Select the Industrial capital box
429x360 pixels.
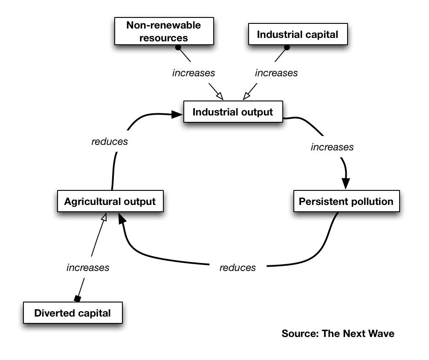[298, 35]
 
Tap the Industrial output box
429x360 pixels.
[233, 112]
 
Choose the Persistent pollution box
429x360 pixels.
[346, 201]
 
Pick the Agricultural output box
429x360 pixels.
[110, 201]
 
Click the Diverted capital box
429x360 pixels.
[72, 313]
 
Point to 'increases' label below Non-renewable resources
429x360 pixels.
[194, 73]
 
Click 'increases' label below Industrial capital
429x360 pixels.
[276, 73]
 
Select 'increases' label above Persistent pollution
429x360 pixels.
[332, 147]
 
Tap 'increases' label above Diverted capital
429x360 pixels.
[88, 268]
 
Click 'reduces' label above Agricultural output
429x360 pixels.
[110, 141]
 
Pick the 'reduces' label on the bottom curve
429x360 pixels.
[238, 268]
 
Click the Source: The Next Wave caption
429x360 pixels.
[338, 334]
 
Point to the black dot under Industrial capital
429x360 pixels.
[287, 47]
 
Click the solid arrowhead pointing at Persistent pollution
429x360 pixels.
[346, 182]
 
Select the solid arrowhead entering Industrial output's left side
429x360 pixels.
[177, 114]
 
